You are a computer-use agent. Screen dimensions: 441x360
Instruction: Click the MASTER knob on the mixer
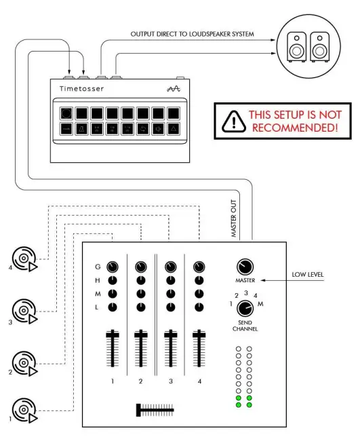244,267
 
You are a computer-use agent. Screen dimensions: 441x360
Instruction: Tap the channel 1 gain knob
112,267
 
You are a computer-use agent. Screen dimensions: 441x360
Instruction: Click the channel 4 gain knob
199,267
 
